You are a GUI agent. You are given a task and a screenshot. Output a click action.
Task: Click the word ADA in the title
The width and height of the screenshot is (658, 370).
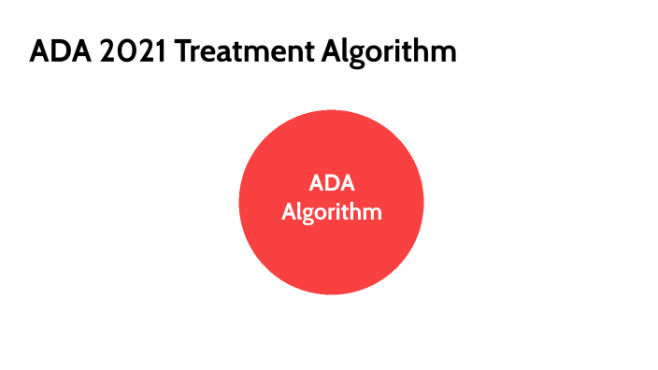(55, 51)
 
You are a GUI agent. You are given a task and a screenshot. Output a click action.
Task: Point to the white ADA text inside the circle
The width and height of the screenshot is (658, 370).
(332, 183)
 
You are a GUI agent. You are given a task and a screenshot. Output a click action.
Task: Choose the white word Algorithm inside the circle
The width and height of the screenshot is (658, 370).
(332, 212)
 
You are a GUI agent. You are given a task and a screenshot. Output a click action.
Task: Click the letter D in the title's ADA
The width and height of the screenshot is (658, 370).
(54, 51)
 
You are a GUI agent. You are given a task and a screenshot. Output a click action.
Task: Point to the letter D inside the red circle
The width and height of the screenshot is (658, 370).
(332, 183)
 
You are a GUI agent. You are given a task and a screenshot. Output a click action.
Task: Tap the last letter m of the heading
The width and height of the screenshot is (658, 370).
(443, 53)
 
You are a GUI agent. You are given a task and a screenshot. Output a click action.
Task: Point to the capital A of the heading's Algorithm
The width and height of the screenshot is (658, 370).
(333, 51)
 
